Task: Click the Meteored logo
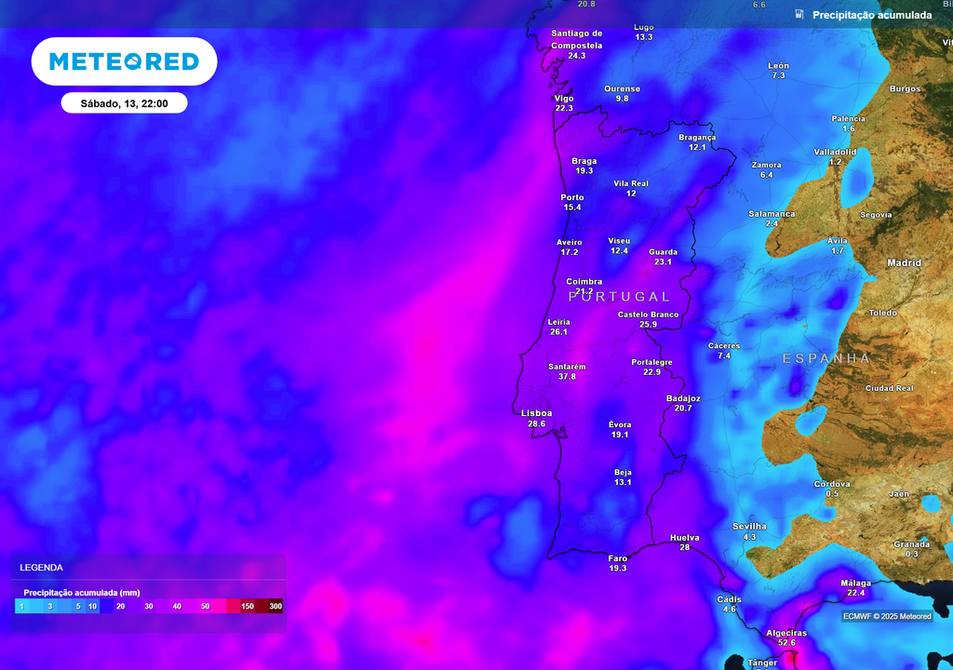tap(124, 61)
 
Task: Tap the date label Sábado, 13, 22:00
tap(124, 103)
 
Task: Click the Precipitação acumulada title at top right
tap(871, 15)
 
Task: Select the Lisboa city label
tap(537, 413)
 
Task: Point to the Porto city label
tap(572, 197)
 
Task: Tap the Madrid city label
tap(904, 263)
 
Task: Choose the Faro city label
tap(618, 557)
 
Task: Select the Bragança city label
tap(697, 137)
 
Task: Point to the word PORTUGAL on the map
tap(619, 297)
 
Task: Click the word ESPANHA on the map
tap(826, 358)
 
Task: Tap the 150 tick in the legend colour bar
tap(248, 607)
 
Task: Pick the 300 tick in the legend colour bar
tap(275, 607)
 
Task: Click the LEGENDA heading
tap(41, 567)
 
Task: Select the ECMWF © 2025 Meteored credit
tap(887, 616)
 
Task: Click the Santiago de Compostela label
tap(577, 39)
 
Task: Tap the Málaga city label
tap(855, 583)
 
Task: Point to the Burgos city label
tap(905, 89)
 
